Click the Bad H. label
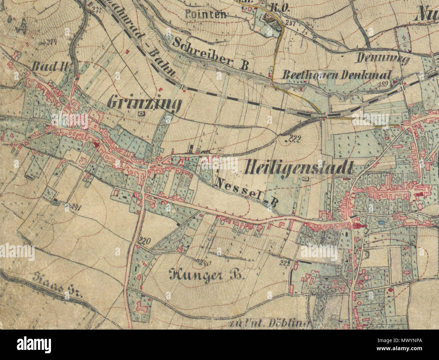point(50,67)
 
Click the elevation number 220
point(145,241)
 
